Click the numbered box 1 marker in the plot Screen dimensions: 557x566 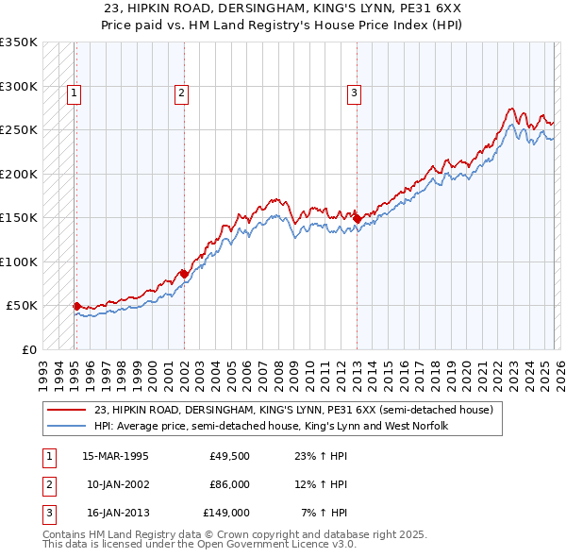[x=74, y=93]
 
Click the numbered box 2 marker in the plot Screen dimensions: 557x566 [x=180, y=93]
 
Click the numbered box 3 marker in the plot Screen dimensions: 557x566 [x=353, y=93]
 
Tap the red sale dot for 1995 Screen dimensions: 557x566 [x=76, y=306]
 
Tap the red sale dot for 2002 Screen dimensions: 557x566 [x=183, y=274]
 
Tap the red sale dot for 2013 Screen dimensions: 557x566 [x=357, y=219]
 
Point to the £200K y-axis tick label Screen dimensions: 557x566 [x=19, y=174]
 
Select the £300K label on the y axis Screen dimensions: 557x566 [x=19, y=86]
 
